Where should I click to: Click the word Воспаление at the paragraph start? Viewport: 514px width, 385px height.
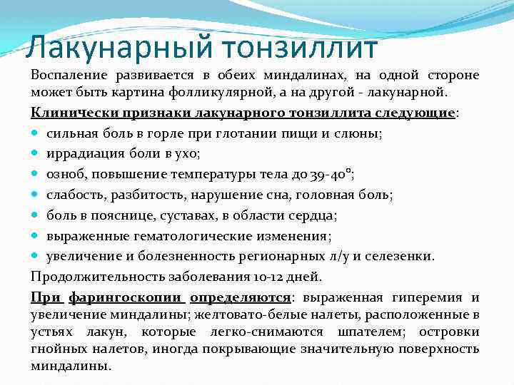(x=66, y=76)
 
